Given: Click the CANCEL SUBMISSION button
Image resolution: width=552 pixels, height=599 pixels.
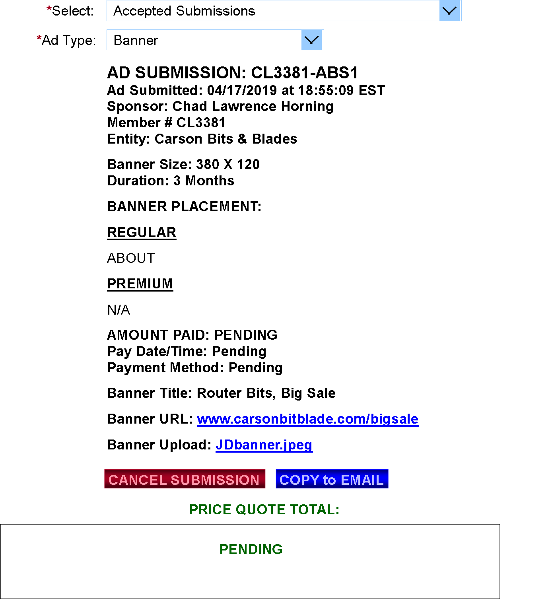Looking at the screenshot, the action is (185, 478).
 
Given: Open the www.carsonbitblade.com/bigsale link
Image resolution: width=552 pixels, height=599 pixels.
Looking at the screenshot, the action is (307, 419).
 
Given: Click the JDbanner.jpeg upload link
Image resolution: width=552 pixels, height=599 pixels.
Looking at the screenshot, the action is (264, 445).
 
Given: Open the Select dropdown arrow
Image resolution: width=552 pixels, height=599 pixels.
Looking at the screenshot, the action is (449, 11).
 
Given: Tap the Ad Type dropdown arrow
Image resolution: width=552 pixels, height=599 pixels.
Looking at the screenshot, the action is (311, 40).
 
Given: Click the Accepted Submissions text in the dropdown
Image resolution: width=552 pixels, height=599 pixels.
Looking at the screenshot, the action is (184, 11).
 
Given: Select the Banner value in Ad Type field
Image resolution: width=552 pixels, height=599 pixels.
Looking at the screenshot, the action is (136, 40).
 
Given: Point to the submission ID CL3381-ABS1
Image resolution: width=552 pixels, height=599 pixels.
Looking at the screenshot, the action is (304, 72).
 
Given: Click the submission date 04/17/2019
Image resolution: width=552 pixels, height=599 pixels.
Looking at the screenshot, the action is (242, 90).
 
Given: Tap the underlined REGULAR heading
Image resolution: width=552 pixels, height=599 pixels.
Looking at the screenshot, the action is (142, 232).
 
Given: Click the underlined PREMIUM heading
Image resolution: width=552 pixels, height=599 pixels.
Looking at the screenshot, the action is (140, 284).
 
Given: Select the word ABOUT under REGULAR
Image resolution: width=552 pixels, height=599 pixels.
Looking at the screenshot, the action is (131, 258).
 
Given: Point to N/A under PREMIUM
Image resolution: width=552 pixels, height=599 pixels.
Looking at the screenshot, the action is (119, 310).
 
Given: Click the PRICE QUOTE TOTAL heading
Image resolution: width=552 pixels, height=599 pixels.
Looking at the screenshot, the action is (264, 510).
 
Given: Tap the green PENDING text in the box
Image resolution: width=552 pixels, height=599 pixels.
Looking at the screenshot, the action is (251, 549).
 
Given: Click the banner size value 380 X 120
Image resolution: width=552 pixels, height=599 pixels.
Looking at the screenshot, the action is (228, 164).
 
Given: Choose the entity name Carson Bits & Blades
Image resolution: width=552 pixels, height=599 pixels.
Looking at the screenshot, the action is (226, 139).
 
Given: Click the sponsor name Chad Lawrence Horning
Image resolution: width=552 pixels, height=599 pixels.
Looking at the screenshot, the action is (253, 106).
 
